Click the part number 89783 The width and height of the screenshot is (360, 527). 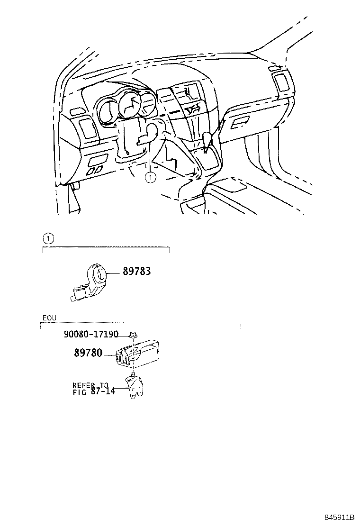pos(137,272)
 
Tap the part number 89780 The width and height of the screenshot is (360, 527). pos(88,353)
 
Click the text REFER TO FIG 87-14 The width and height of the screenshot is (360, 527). pos(94,389)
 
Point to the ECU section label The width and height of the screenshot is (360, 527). pos(49,318)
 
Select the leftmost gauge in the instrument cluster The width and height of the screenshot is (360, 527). pos(107,113)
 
